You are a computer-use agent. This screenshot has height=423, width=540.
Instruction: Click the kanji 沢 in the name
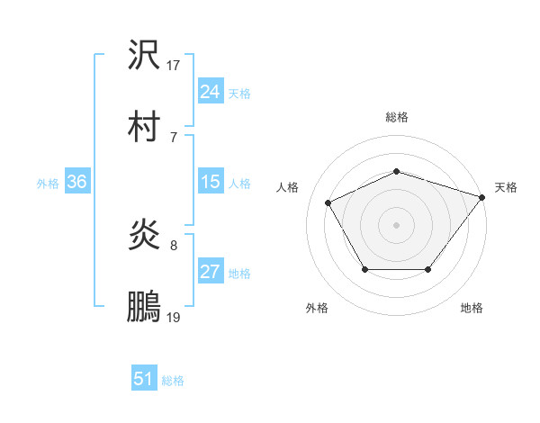point(144,56)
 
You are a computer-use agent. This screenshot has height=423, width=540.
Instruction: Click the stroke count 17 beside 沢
point(174,66)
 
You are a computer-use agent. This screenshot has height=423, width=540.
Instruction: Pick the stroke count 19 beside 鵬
point(174,317)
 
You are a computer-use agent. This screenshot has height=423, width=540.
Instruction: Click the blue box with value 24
point(210,91)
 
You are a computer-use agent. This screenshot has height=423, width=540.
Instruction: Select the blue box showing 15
point(210,182)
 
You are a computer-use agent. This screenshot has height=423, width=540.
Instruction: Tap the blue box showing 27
point(210,273)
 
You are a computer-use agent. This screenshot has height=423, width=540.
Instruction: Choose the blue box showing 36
point(76,182)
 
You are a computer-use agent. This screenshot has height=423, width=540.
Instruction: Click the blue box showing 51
point(143,379)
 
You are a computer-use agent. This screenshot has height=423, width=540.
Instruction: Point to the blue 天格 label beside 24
point(239,93)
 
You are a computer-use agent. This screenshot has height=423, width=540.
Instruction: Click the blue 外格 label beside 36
point(48,184)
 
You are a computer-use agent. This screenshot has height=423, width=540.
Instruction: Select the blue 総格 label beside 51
point(173,381)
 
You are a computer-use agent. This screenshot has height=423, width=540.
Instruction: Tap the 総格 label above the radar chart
point(396,117)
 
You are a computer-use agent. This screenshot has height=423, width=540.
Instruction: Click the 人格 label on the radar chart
point(289,187)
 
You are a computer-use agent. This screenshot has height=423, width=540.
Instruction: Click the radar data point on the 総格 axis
point(396,171)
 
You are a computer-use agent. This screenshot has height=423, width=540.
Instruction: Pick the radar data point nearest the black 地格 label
point(428,269)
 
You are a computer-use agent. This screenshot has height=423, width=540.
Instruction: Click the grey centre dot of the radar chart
point(396,225)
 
